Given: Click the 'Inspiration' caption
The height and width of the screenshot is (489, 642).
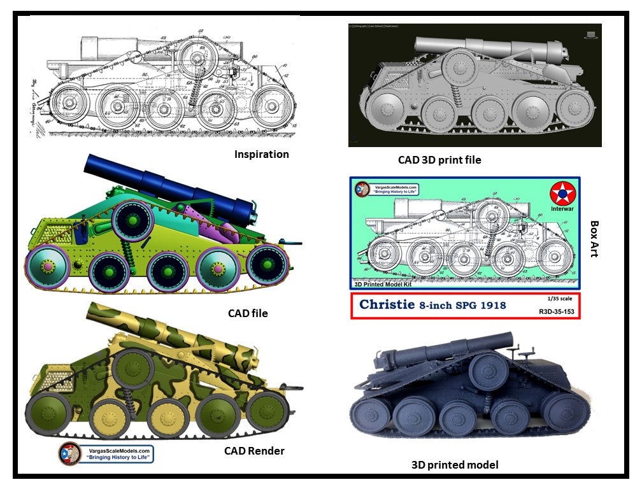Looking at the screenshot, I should point(261,154).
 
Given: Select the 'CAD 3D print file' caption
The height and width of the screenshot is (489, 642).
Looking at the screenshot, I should point(439,160).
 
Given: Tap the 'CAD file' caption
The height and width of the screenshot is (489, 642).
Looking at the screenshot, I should point(248,313).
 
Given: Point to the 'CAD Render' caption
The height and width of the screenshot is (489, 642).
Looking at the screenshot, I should point(254,451).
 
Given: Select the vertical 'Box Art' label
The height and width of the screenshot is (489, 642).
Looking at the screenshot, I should point(594,239).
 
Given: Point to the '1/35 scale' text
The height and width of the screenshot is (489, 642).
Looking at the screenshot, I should point(555,298).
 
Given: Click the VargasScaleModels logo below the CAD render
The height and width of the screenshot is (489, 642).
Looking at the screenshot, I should point(106,454).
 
